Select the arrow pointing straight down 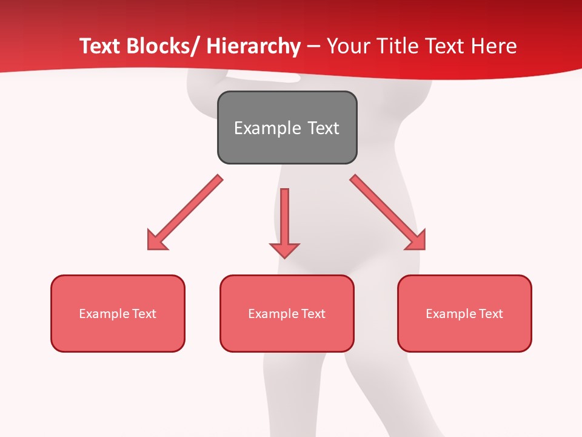pos(284,222)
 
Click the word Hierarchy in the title pos(253,46)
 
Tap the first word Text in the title pos(100,46)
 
